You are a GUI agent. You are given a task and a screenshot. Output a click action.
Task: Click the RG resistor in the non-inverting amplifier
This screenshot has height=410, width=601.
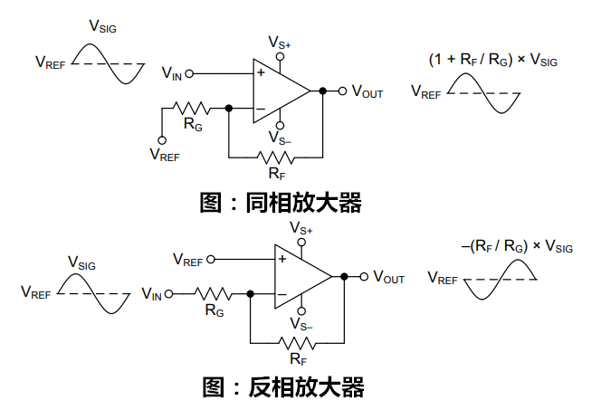tap(191, 109)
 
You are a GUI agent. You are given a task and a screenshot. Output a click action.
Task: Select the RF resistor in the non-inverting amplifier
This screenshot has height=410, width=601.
tap(275, 157)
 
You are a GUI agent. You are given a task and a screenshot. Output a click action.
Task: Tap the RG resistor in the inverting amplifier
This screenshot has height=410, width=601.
tap(213, 294)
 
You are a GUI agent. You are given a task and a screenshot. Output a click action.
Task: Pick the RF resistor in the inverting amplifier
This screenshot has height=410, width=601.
tap(297, 343)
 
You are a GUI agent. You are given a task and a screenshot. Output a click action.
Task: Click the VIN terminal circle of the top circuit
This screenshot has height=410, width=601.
tap(189, 73)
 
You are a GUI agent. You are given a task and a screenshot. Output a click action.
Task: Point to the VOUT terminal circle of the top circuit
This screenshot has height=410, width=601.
tap(342, 91)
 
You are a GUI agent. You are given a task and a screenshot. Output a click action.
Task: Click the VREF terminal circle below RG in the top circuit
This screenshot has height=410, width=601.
tap(162, 140)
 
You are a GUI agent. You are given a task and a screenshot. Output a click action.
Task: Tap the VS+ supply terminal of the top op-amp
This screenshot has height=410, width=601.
tap(281, 57)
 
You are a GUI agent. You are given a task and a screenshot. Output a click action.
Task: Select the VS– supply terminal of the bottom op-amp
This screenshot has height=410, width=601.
tap(301, 310)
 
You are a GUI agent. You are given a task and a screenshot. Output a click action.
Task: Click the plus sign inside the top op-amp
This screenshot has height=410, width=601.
tap(261, 72)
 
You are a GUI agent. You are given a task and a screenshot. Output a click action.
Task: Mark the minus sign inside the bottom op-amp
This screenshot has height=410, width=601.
tap(282, 294)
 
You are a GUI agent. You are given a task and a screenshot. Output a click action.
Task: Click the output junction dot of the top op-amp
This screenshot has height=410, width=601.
tap(323, 91)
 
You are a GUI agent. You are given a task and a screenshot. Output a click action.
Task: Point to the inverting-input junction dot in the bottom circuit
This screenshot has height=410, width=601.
tap(251, 294)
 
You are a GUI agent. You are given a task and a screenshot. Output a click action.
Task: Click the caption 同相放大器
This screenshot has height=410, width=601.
tap(303, 203)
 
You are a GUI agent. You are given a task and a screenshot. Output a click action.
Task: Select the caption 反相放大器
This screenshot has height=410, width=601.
tap(306, 387)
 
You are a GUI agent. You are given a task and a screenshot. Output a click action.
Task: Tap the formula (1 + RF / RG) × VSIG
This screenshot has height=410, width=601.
tap(493, 60)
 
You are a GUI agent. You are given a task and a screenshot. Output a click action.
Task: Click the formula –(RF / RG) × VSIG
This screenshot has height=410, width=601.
tap(517, 245)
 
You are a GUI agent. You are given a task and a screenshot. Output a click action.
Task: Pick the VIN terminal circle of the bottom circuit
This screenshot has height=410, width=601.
tap(168, 294)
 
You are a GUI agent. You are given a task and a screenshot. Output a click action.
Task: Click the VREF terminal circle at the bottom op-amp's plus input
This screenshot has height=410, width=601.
tap(211, 260)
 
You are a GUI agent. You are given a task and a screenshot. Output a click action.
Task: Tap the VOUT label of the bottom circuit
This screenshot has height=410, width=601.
tap(388, 277)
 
